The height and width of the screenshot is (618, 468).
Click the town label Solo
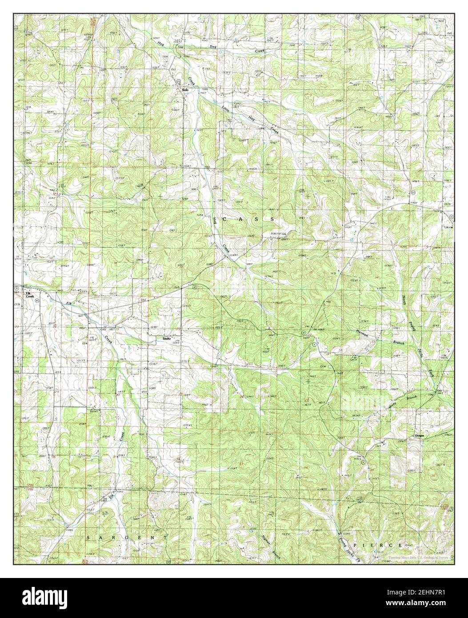[185, 90]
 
